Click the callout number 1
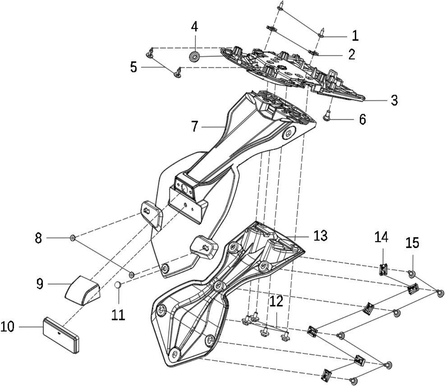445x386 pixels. (355, 36)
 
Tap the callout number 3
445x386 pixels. (394, 100)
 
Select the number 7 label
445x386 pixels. (194, 127)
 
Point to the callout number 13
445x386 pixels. (320, 235)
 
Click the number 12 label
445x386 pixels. (276, 302)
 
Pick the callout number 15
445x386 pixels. (412, 243)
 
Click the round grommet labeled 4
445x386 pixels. (194, 56)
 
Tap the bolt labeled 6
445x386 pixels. (327, 116)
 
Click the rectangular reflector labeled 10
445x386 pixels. (61, 336)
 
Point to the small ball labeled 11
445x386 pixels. (118, 285)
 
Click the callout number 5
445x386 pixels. (134, 67)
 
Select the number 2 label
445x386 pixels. (352, 54)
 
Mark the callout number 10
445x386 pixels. (7, 327)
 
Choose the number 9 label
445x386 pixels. (40, 284)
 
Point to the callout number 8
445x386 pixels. (39, 238)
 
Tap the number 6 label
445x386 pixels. (363, 119)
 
